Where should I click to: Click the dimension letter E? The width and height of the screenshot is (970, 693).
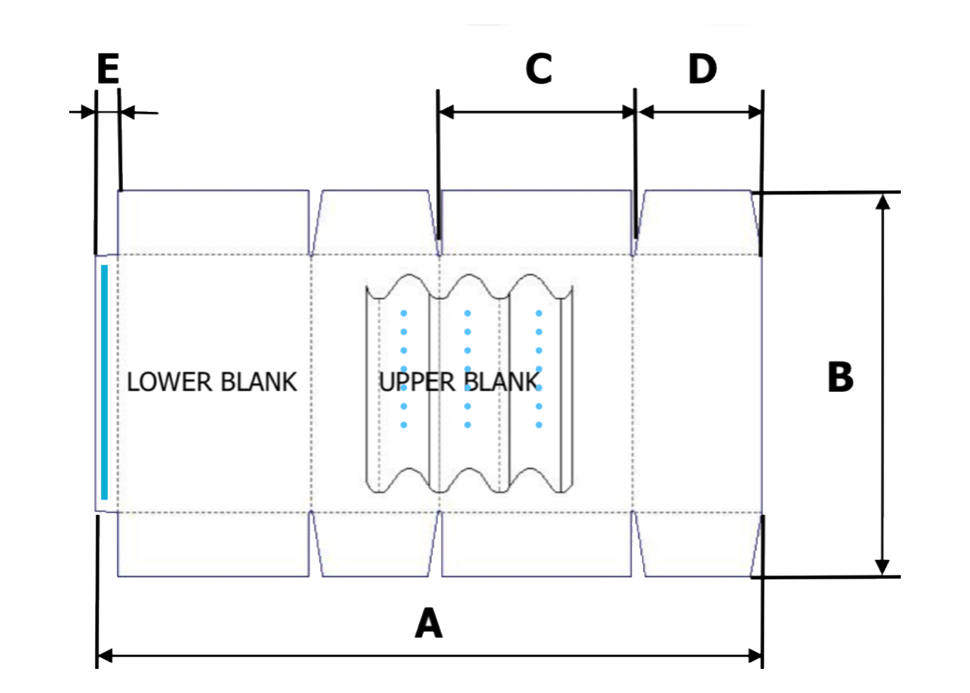(108, 69)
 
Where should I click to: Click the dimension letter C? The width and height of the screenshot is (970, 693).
(538, 69)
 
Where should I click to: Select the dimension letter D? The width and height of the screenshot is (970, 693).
(702, 69)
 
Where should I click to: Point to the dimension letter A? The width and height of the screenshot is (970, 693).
(429, 623)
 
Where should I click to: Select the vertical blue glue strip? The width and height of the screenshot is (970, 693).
(104, 382)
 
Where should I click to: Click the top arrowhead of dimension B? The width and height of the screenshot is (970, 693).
(883, 201)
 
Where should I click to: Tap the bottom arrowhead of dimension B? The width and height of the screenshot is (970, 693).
(883, 568)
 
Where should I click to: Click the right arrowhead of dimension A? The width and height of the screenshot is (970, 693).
(755, 655)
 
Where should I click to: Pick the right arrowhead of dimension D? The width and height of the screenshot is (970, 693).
(755, 112)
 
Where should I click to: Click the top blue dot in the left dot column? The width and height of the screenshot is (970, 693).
(403, 313)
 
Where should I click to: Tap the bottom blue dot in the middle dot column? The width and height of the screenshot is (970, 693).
(468, 425)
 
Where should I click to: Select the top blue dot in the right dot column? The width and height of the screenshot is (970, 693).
(539, 313)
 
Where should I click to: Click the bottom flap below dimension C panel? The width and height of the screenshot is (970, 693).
(536, 544)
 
